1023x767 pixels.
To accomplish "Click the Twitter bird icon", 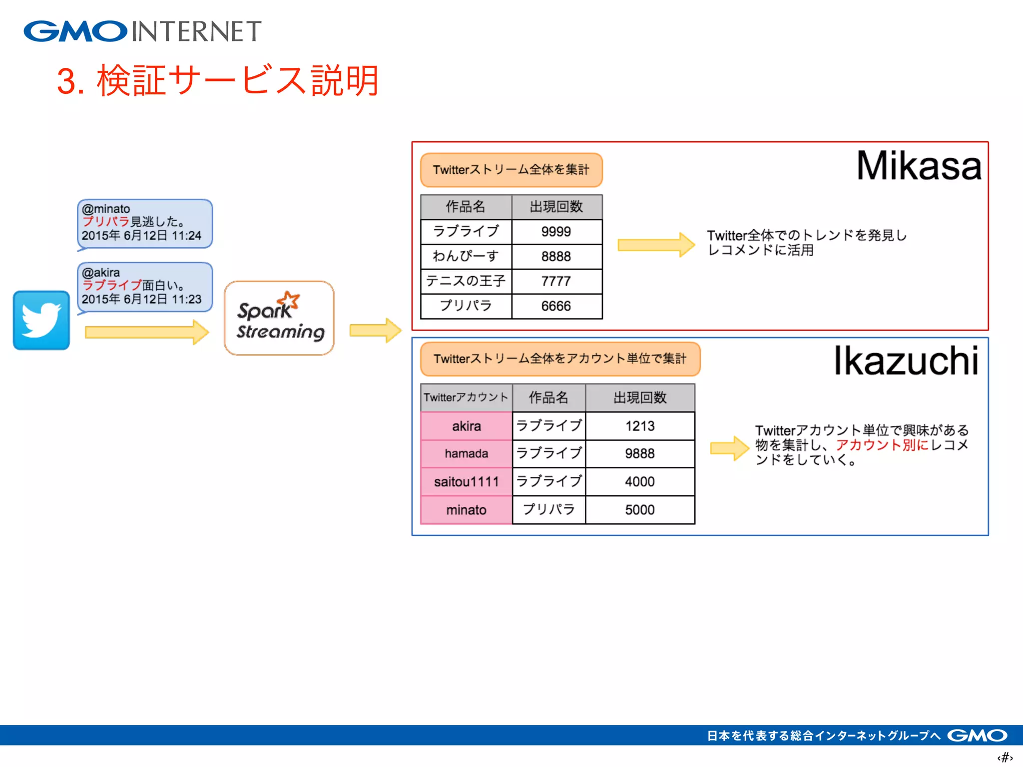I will [41, 320].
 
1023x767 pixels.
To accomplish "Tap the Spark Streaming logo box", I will [279, 318].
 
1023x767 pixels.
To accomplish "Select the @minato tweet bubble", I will [144, 223].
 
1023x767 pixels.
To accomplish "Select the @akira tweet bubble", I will [144, 287].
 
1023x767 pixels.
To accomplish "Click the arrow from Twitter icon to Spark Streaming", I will [146, 332].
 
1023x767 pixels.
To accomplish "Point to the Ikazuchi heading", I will [905, 361].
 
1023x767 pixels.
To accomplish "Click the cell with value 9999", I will [556, 232].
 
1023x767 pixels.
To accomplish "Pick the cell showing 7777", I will [556, 281].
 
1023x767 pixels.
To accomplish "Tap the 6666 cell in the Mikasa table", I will [556, 306].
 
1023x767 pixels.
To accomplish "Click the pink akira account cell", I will [466, 426].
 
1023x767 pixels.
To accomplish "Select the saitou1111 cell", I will [466, 482].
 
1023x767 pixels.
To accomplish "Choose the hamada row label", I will [466, 453].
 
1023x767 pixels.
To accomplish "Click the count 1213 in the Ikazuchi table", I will [639, 426].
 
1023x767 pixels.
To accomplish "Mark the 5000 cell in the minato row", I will [639, 510].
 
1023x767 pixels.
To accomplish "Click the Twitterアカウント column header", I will [466, 397].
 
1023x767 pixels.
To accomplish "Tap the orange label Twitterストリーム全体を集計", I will [511, 170].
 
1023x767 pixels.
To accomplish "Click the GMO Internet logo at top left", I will [142, 31].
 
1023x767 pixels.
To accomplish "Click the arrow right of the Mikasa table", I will [655, 245].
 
